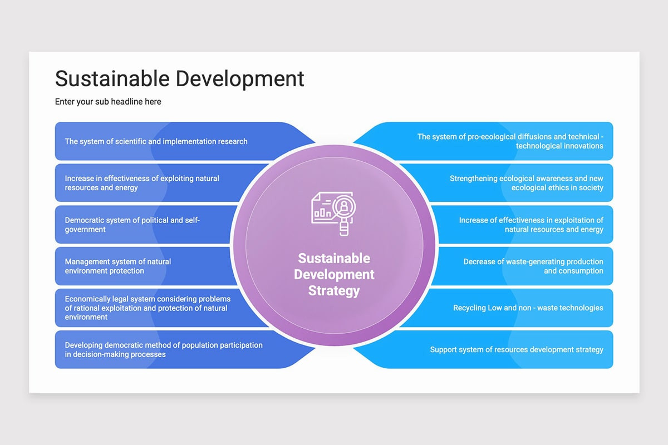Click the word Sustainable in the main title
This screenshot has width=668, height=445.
point(110,78)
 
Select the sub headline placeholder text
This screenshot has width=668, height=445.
point(108,102)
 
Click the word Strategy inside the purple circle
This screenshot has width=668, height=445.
point(334,290)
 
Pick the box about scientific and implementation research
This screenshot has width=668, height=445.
point(156,141)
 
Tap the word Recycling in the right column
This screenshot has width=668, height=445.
point(469,308)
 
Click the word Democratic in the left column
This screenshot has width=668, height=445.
point(85,220)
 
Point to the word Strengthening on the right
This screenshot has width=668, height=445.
point(473,179)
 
